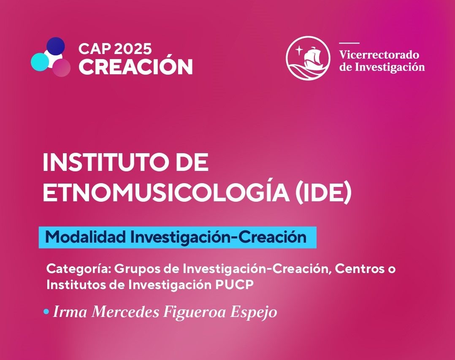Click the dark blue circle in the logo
pos(55,46)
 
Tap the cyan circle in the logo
pos(40,62)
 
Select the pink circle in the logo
pos(61,68)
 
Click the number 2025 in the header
pos(133,49)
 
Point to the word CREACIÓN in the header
pos(136,67)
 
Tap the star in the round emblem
pos(299,51)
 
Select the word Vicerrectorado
pos(379,54)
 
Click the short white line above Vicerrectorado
pos(349,43)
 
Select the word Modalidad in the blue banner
pos(86,237)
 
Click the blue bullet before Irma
pos(46,312)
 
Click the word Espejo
pos(254,313)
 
